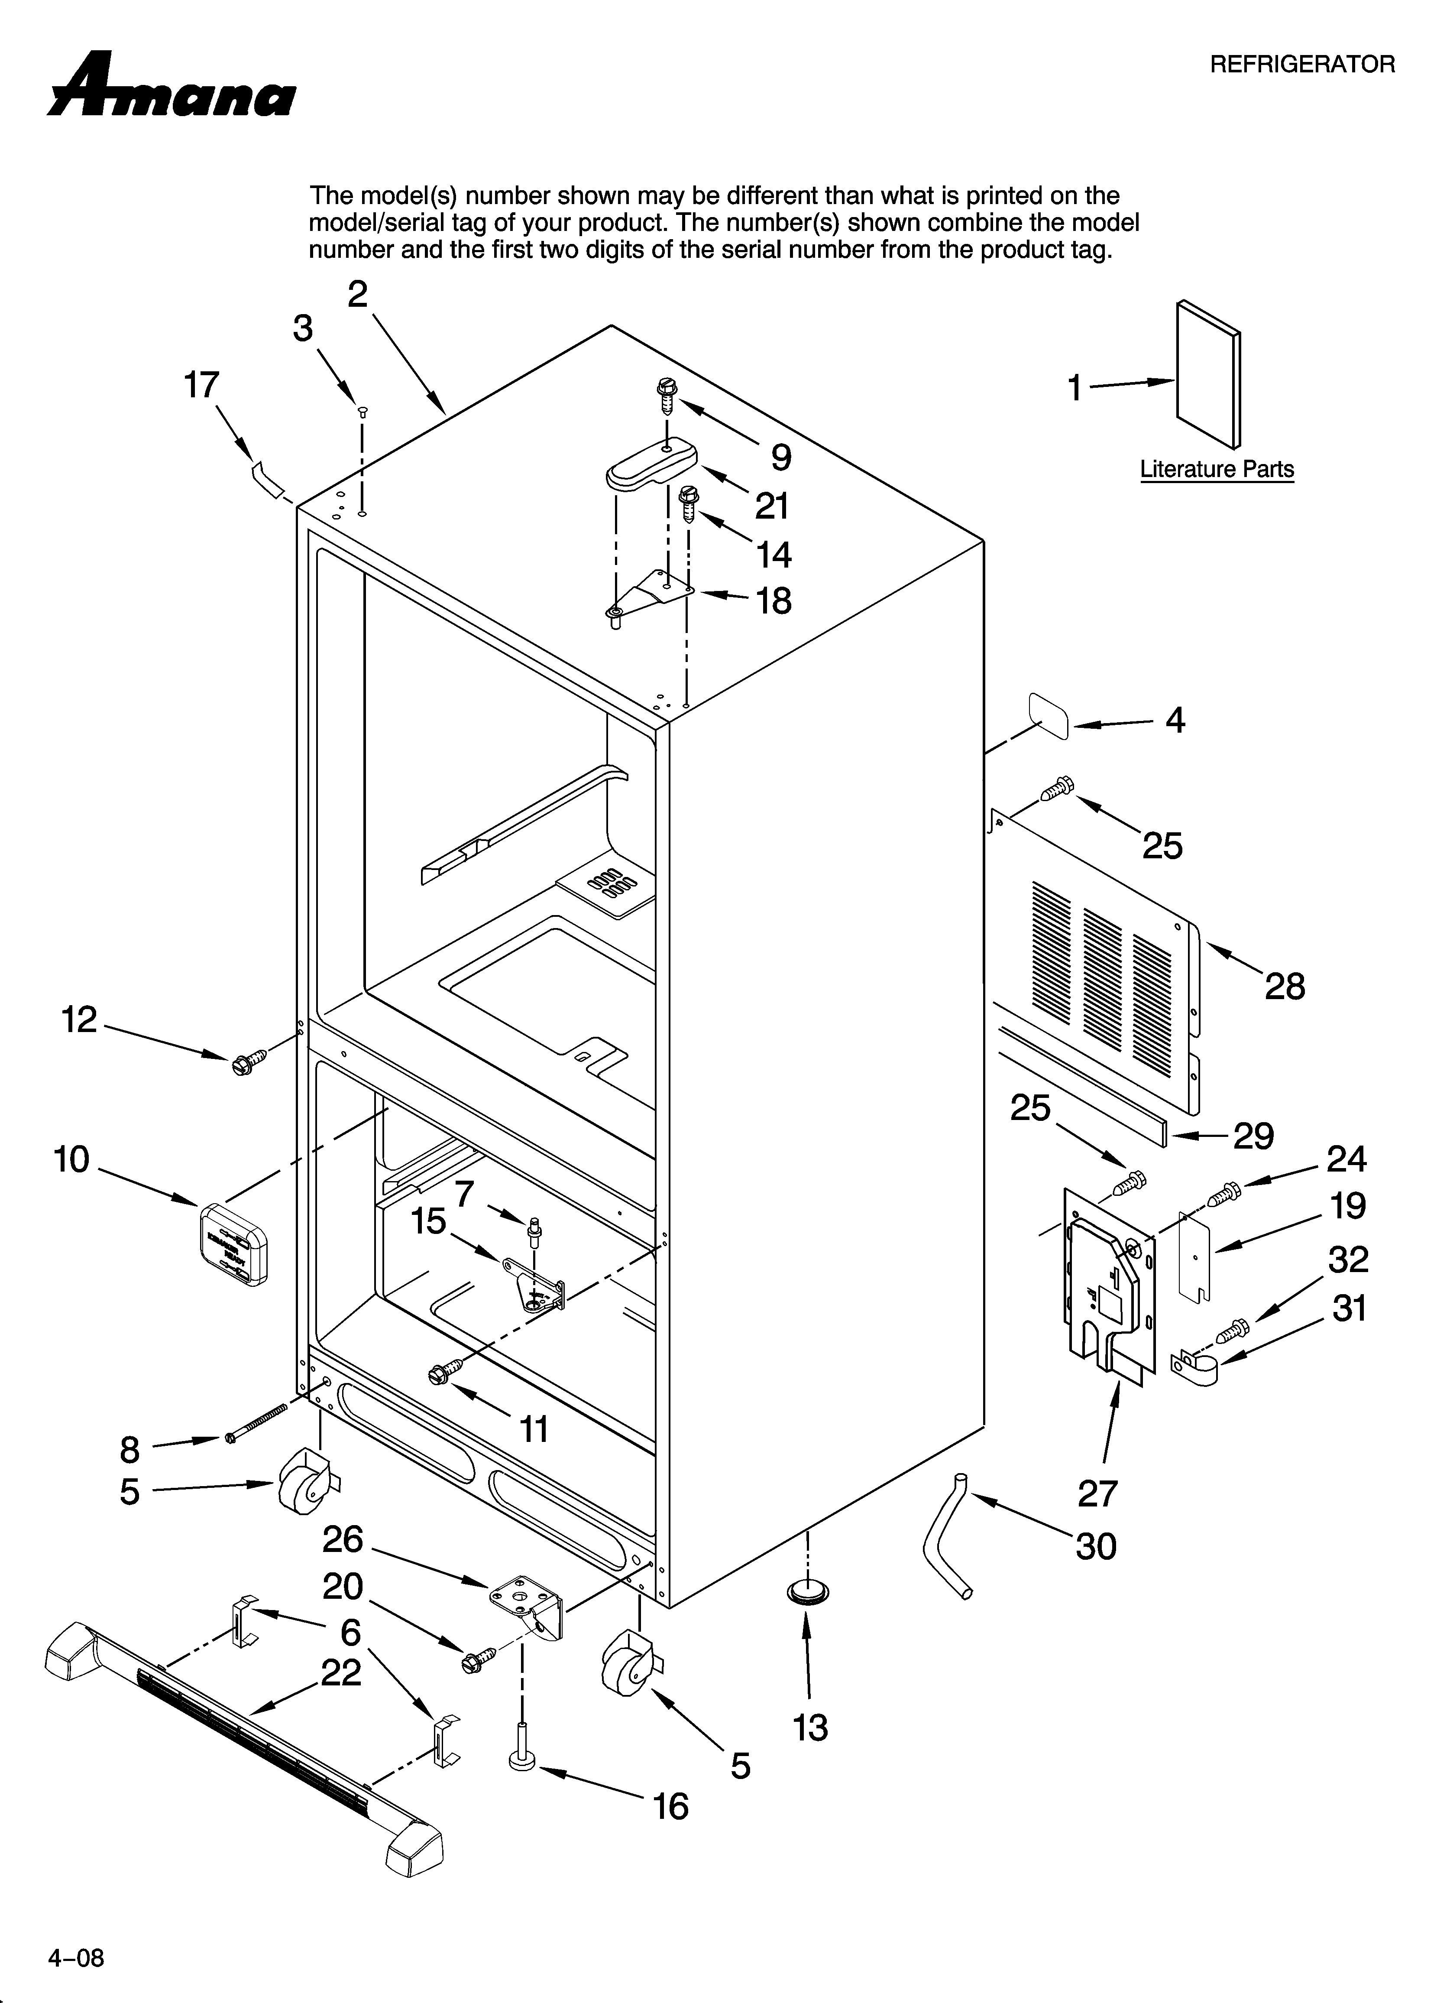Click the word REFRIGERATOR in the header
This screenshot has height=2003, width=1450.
[x=1301, y=65]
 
